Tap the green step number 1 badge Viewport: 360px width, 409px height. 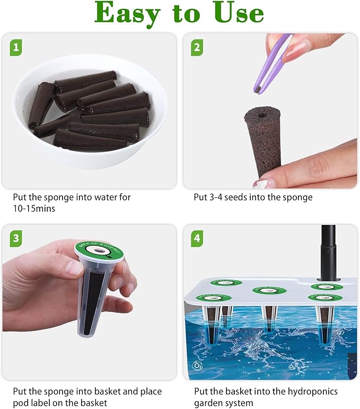pyautogui.click(x=16, y=48)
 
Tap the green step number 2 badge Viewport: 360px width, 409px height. pyautogui.click(x=197, y=48)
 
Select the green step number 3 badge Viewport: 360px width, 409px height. pyautogui.click(x=16, y=239)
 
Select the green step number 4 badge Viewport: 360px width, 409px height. pyautogui.click(x=197, y=239)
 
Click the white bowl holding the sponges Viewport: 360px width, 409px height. pyautogui.click(x=90, y=154)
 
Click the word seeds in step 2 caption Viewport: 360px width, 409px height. pyautogui.click(x=237, y=197)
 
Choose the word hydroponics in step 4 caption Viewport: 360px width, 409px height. pyautogui.click(x=303, y=391)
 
